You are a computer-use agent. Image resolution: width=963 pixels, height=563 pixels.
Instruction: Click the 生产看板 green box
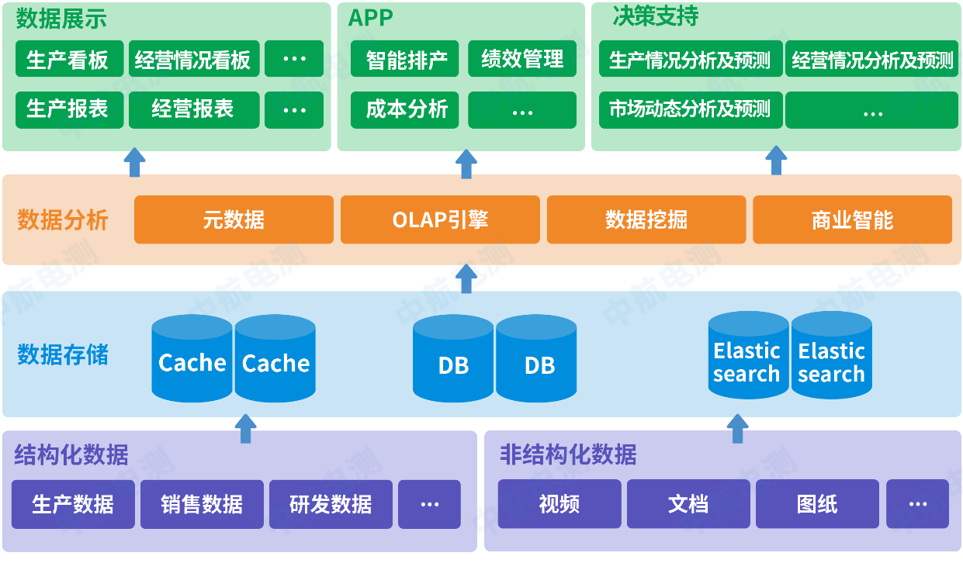pyautogui.click(x=70, y=59)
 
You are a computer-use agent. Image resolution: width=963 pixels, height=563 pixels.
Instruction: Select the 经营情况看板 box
pyautogui.click(x=194, y=59)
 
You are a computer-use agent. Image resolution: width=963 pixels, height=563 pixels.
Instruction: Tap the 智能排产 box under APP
pyautogui.click(x=404, y=59)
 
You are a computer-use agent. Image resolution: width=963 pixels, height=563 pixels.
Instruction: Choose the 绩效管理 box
pyautogui.click(x=522, y=59)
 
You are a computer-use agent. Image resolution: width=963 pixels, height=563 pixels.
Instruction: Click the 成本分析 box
pyautogui.click(x=404, y=110)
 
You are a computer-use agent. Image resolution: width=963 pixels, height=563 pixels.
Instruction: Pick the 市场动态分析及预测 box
pyautogui.click(x=691, y=110)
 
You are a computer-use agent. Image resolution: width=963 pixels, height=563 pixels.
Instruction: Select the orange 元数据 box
pyautogui.click(x=234, y=219)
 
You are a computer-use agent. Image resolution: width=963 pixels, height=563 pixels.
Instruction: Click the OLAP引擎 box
pyautogui.click(x=440, y=219)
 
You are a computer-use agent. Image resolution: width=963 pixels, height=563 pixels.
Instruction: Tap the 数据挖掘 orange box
pyautogui.click(x=646, y=219)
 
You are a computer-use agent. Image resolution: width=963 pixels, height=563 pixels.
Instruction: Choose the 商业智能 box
pyautogui.click(x=853, y=219)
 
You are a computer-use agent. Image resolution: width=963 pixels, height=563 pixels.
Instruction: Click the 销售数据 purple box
pyautogui.click(x=202, y=504)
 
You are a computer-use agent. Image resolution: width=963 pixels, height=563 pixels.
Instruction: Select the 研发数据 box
pyautogui.click(x=331, y=504)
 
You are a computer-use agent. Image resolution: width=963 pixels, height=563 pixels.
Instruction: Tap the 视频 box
pyautogui.click(x=559, y=504)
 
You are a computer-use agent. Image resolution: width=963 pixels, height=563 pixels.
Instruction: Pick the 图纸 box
pyautogui.click(x=817, y=504)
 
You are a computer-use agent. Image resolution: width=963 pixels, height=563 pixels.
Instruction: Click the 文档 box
pyautogui.click(x=688, y=504)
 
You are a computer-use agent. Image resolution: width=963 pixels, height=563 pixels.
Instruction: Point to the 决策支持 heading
pyautogui.click(x=656, y=16)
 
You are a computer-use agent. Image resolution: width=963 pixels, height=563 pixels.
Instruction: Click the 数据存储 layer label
pyautogui.click(x=63, y=354)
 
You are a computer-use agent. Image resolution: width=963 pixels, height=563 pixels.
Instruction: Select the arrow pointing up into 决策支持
pyautogui.click(x=777, y=161)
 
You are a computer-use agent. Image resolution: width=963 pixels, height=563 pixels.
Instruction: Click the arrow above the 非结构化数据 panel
pyautogui.click(x=738, y=429)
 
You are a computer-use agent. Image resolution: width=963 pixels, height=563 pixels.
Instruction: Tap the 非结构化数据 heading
pyautogui.click(x=568, y=454)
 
